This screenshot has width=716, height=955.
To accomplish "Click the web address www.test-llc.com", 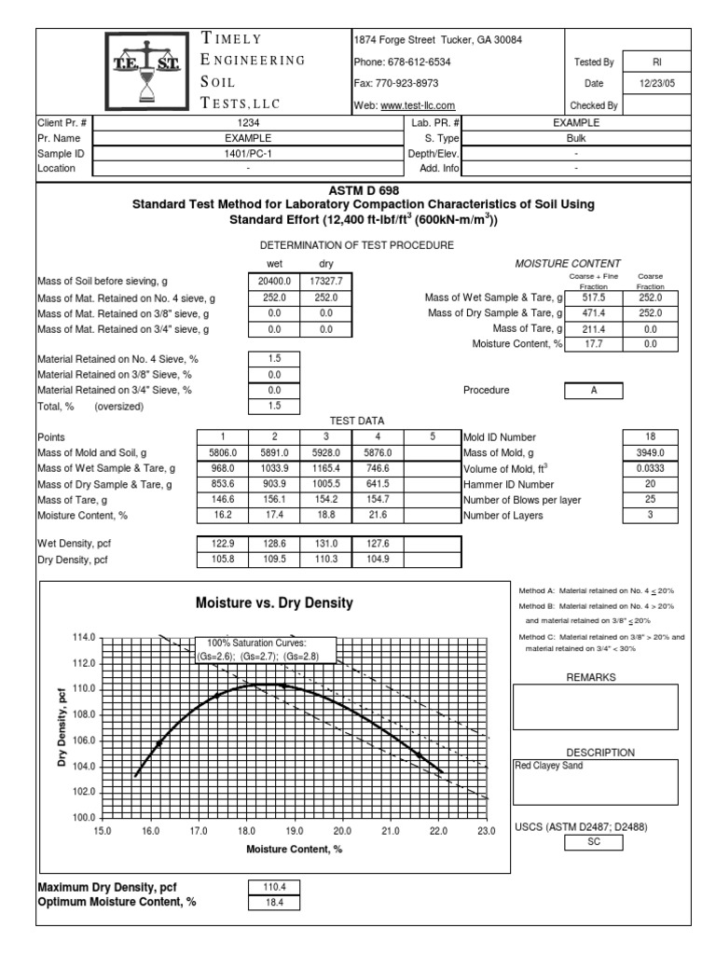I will (418, 106).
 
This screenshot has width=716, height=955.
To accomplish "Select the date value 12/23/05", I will (656, 84).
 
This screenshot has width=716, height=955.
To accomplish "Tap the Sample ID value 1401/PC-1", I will (248, 153).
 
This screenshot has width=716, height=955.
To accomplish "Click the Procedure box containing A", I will (594, 391).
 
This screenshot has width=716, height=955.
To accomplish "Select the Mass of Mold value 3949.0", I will (651, 452).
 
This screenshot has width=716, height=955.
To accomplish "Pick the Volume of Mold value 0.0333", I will (651, 468).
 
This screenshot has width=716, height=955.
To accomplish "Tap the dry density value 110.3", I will (326, 559).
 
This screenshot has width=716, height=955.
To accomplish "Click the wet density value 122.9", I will (222, 543).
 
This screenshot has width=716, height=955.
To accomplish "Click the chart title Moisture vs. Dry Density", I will (274, 602).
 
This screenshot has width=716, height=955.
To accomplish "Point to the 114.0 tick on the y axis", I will (84, 637).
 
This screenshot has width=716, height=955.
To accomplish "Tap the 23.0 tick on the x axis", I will (486, 830).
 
